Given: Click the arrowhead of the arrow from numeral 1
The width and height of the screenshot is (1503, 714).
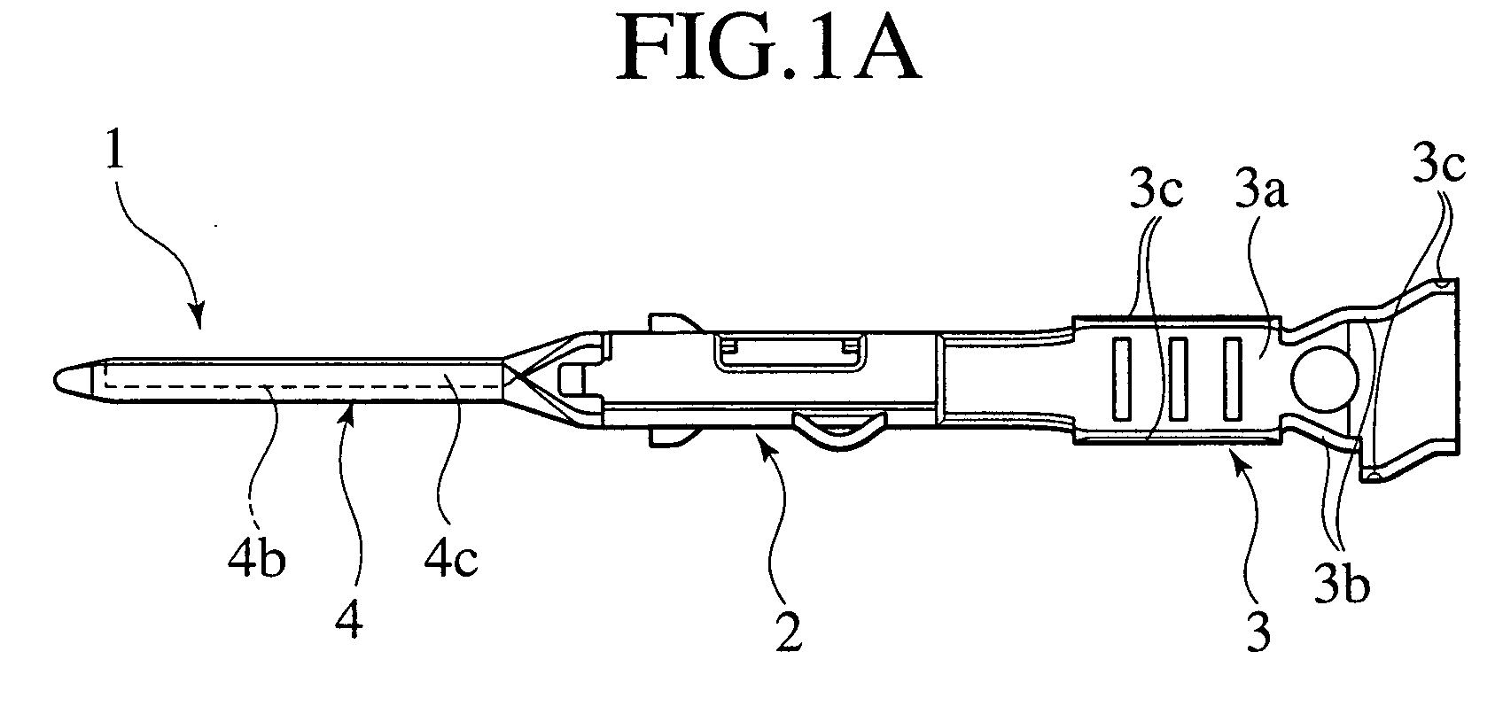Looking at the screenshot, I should click(199, 325).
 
